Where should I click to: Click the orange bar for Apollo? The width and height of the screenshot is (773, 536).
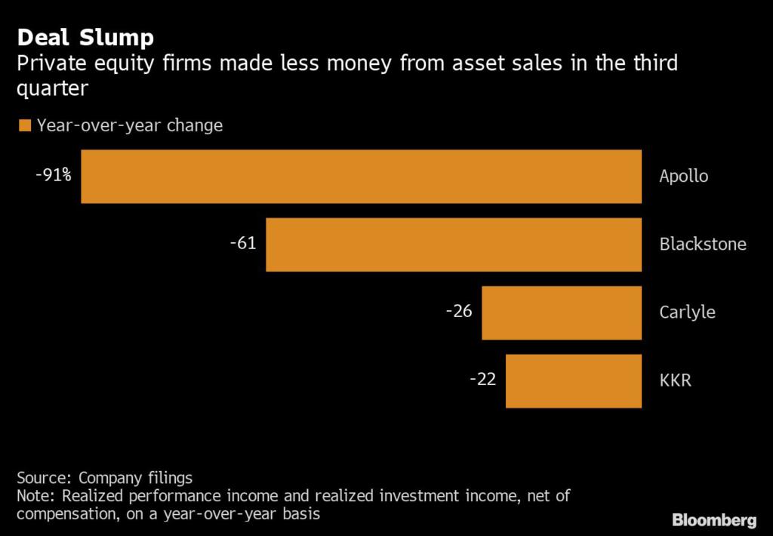[x=361, y=177]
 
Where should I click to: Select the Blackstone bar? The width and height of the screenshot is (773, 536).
[x=454, y=245]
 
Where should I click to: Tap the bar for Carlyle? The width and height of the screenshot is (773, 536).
[x=562, y=313]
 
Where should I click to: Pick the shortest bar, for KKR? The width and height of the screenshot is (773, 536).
[x=574, y=380]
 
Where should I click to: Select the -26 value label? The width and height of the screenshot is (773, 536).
[x=459, y=311]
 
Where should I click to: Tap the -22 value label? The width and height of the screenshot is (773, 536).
[x=482, y=379]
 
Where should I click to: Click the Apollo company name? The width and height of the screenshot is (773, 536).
[x=684, y=177]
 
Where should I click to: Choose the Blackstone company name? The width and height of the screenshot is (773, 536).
[x=703, y=245]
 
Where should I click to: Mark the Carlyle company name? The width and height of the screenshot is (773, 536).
[x=687, y=313]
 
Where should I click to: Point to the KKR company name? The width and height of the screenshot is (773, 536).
[x=675, y=380]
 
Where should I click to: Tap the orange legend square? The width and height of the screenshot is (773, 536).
[x=24, y=125]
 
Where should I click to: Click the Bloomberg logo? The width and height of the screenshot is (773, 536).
[x=714, y=520]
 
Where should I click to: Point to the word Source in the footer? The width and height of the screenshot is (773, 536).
[x=42, y=478]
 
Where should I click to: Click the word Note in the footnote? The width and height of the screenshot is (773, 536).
[x=35, y=496]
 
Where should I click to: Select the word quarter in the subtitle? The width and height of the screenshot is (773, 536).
[x=52, y=89]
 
